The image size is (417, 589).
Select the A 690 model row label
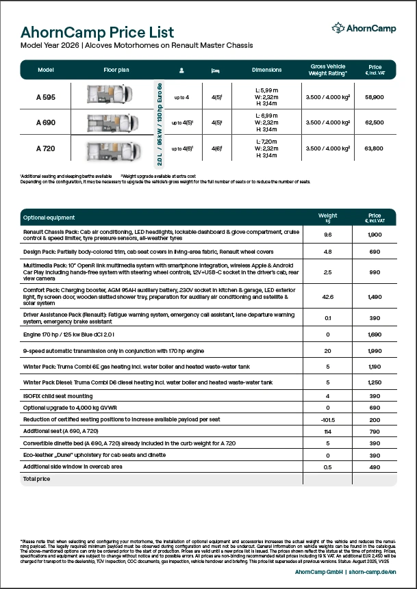pyautogui.click(x=46, y=122)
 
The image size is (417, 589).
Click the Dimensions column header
pyautogui.click(x=266, y=70)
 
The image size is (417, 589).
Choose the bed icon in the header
pyautogui.click(x=216, y=70)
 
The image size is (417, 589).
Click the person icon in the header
pyautogui.click(x=181, y=70)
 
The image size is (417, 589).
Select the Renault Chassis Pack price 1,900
pyautogui.click(x=375, y=234)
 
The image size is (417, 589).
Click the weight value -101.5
pyautogui.click(x=327, y=419)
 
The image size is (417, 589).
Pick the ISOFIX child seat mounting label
pyautogui.click(x=58, y=395)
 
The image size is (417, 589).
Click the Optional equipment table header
pyautogui.click(x=49, y=218)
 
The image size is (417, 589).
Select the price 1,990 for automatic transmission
pyautogui.click(x=375, y=350)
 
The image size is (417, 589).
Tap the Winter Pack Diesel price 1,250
pyautogui.click(x=375, y=382)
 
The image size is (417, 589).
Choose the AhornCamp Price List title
pyautogui.click(x=97, y=32)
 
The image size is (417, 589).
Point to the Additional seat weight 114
pyautogui.click(x=327, y=431)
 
